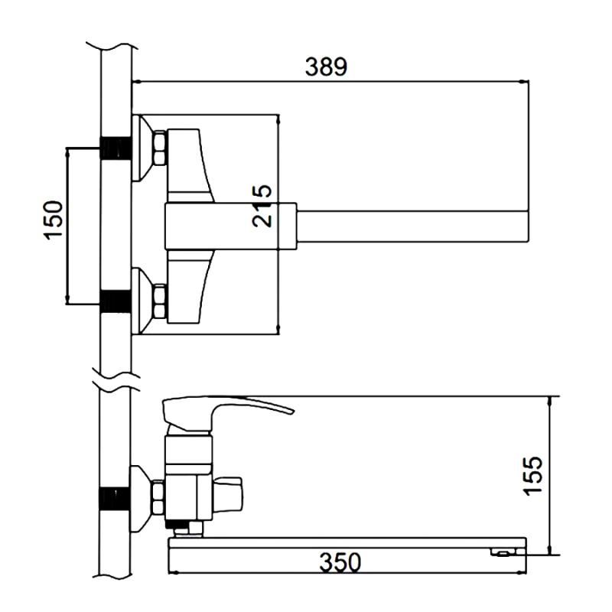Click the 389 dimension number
coord(326,67)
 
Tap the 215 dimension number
coord(262,205)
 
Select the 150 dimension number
coord(53,220)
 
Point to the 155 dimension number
coord(532,475)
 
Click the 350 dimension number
coord(340,562)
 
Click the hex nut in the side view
coord(159,496)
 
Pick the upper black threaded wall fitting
coord(116,148)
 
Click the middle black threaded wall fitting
coord(116,301)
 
